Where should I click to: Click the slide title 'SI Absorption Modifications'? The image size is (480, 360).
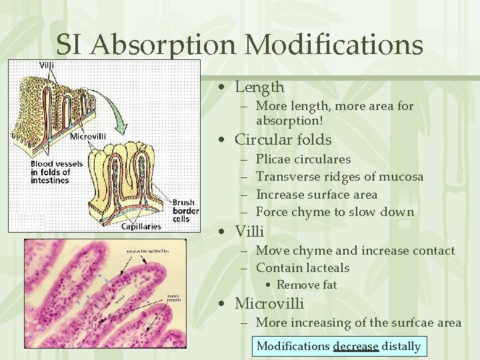(239, 45)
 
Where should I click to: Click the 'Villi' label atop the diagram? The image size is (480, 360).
(47, 65)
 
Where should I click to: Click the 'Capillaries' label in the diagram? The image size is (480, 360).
(141, 226)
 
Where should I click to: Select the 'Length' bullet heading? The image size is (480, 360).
(259, 87)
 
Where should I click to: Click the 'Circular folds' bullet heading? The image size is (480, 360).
(283, 139)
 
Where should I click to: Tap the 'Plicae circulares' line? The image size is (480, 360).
(303, 159)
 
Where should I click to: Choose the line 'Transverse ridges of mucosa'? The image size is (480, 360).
(339, 177)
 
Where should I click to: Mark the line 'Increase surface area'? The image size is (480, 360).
(316, 195)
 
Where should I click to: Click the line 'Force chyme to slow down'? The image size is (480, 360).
(335, 212)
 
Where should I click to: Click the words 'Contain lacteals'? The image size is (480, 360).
(302, 268)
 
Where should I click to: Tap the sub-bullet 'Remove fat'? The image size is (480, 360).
(307, 285)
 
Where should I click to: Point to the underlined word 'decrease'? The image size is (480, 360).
(355, 346)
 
